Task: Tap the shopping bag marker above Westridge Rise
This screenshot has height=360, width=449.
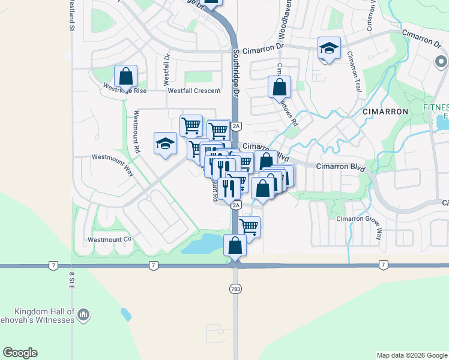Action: click(125, 76)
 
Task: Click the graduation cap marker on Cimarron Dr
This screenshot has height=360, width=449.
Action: click(329, 49)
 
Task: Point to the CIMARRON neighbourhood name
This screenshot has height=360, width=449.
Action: click(385, 112)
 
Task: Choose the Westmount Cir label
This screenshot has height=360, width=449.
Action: click(109, 239)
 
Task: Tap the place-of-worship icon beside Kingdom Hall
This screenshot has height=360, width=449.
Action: click(84, 314)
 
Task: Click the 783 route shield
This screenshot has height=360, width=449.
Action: click(235, 289)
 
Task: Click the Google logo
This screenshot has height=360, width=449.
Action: click(20, 353)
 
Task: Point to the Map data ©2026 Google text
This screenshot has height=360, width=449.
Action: click(411, 355)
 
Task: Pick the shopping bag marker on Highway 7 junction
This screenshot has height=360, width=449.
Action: click(235, 245)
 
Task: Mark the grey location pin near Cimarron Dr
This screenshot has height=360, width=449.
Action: click(441, 62)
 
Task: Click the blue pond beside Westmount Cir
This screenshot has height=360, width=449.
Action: click(203, 244)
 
